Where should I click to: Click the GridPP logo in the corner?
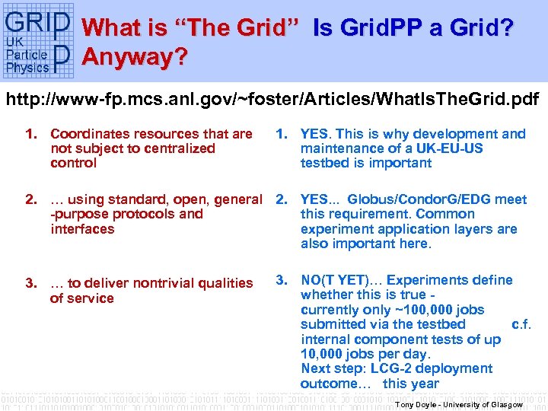[x=39, y=42]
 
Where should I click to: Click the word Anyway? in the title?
[x=135, y=58]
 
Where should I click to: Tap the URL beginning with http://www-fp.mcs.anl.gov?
[x=273, y=99]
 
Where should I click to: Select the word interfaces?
[x=82, y=228]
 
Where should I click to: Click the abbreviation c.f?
[x=521, y=324]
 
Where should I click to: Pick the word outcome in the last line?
[x=329, y=383]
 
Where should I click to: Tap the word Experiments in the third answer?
[x=442, y=280]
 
